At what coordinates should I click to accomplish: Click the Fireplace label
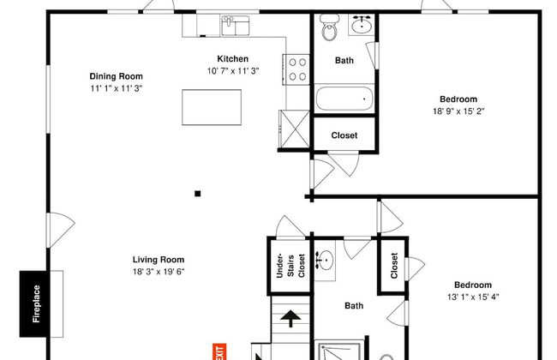click(36, 303)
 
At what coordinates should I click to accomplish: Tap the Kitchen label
click(233, 58)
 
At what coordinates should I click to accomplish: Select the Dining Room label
click(117, 76)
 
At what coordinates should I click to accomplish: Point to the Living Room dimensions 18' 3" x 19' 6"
click(159, 272)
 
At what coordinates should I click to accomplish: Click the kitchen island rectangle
click(212, 107)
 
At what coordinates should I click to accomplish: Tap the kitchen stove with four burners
click(296, 69)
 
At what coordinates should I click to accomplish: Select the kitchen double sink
click(235, 26)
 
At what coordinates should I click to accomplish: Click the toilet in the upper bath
click(330, 27)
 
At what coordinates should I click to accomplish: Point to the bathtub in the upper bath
click(344, 99)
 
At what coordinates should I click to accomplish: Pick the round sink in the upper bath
click(362, 25)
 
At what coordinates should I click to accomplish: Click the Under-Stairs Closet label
click(290, 266)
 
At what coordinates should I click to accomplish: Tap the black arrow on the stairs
click(290, 318)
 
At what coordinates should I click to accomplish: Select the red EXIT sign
click(219, 351)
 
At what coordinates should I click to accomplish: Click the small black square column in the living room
click(197, 194)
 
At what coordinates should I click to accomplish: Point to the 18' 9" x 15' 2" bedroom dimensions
click(458, 111)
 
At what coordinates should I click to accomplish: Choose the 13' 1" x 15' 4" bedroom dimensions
click(473, 297)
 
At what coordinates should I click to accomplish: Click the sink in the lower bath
click(324, 261)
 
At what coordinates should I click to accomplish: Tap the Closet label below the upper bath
click(344, 135)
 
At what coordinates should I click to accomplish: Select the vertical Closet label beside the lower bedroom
click(394, 265)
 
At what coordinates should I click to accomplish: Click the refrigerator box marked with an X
click(295, 129)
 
